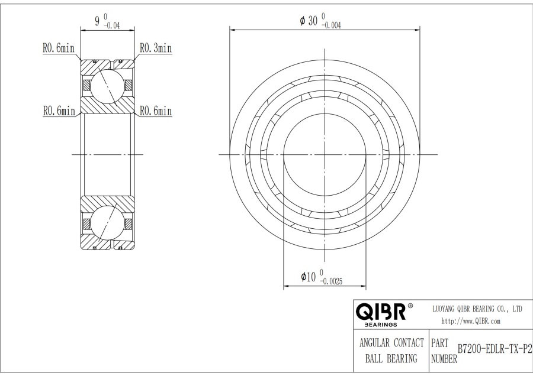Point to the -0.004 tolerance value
pos(331,25)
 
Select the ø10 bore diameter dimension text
pos(308,277)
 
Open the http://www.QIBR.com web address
pos(471,321)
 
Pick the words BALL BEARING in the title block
pos(388,358)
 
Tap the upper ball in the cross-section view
pos(107,84)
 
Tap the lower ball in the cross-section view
pos(107,225)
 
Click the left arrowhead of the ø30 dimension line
pos(232,28)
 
